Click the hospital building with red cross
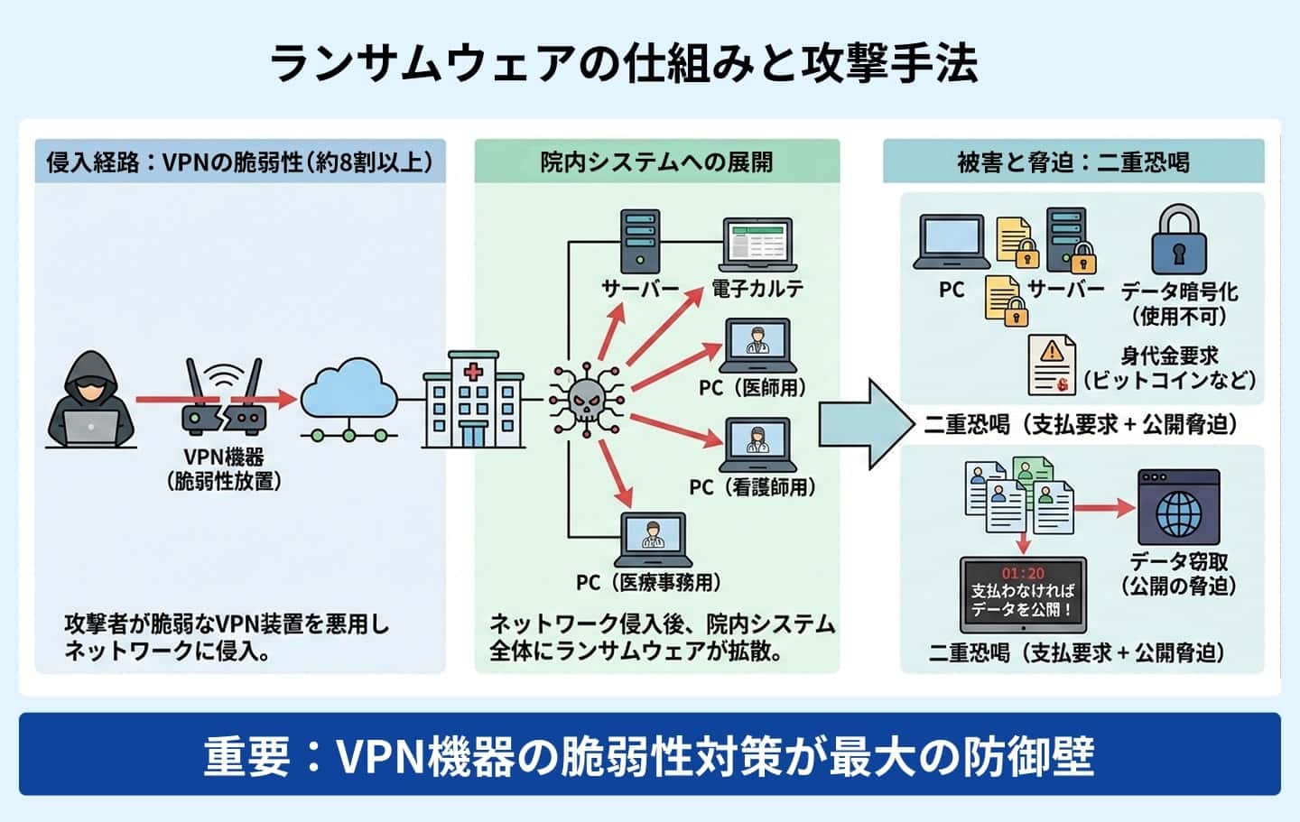[x=473, y=400]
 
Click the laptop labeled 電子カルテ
[x=757, y=245]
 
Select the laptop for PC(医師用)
[x=757, y=346]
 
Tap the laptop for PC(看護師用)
[x=757, y=445]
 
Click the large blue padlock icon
[x=1178, y=240]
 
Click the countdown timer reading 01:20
[x=1023, y=573]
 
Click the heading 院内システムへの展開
[x=656, y=162]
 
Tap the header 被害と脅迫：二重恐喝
[x=1072, y=162]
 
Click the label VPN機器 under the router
[x=223, y=457]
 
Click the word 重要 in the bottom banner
[x=246, y=756]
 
